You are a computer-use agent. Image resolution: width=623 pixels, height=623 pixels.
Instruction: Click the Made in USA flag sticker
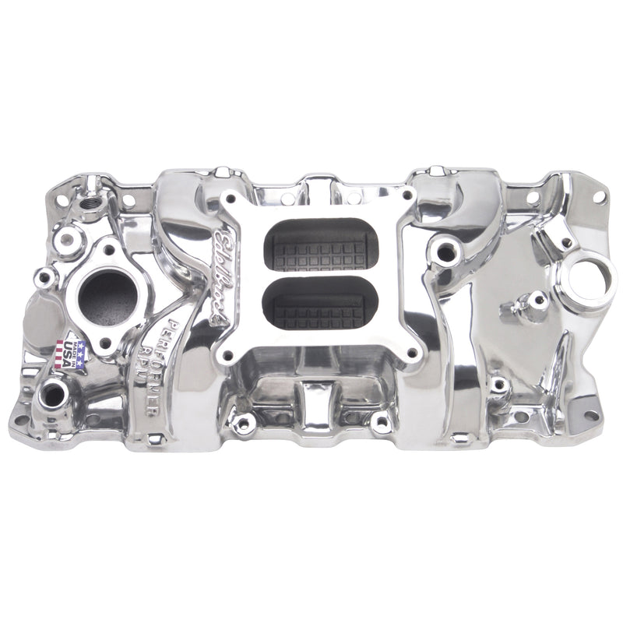(71, 351)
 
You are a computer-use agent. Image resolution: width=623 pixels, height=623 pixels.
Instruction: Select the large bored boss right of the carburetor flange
(446, 251)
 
